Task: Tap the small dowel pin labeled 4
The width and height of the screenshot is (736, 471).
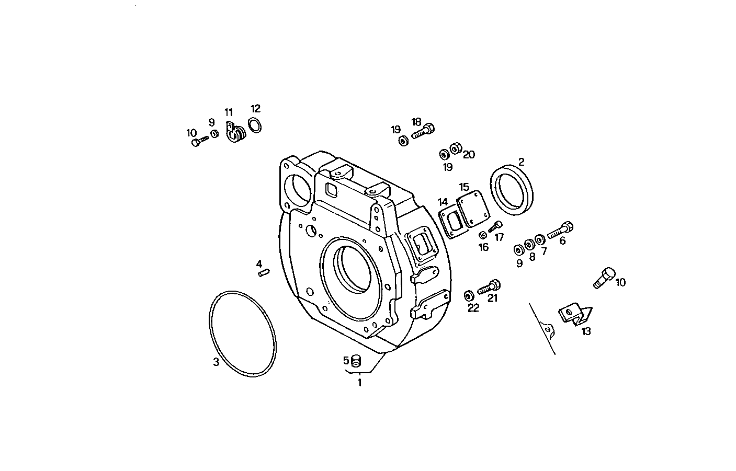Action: pyautogui.click(x=263, y=272)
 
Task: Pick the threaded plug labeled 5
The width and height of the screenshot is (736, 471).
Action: pyautogui.click(x=356, y=360)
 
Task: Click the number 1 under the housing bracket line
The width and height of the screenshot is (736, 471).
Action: pyautogui.click(x=359, y=383)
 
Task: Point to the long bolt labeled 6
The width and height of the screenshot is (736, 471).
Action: pyautogui.click(x=560, y=231)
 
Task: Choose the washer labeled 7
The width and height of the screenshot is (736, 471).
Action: pyautogui.click(x=540, y=239)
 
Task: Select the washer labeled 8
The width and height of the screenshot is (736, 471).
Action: pyautogui.click(x=529, y=244)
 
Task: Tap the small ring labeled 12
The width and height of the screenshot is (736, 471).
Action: pyautogui.click(x=255, y=125)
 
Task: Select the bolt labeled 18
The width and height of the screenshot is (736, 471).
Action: pyautogui.click(x=423, y=130)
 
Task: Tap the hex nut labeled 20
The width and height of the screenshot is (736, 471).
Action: pyautogui.click(x=456, y=148)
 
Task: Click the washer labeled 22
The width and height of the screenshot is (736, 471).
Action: pyautogui.click(x=469, y=295)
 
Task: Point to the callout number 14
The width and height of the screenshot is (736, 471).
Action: pyautogui.click(x=443, y=202)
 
